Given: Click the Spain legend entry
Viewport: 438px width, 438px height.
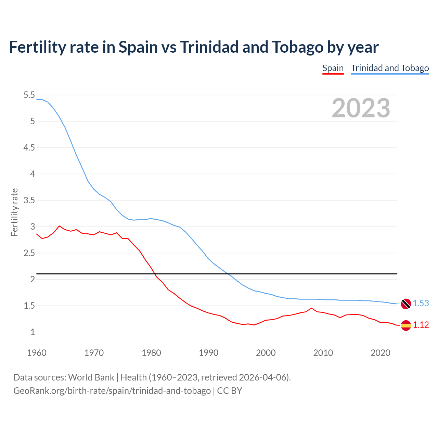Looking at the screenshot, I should [333, 68].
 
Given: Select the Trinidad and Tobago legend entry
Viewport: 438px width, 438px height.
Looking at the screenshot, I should [390, 68].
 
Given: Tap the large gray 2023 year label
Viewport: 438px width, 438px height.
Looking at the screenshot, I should [361, 108].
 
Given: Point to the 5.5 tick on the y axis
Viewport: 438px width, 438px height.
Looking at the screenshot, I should [29, 95].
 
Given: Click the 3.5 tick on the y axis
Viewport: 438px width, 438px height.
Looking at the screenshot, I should [29, 200].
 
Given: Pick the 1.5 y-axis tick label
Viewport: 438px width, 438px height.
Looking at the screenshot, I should [29, 306].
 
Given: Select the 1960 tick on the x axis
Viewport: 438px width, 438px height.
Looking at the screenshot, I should [37, 353].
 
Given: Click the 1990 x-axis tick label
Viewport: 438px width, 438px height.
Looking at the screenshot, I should [208, 353].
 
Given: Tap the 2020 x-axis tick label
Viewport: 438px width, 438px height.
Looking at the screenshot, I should [380, 353].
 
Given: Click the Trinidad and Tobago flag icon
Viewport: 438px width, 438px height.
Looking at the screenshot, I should [406, 304].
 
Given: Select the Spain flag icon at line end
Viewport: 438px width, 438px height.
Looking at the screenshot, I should [406, 325].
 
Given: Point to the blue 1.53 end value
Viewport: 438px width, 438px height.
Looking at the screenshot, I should [421, 304].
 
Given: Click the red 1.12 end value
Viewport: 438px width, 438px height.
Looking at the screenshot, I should [421, 325].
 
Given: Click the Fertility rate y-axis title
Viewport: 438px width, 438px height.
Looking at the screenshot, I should [14, 212].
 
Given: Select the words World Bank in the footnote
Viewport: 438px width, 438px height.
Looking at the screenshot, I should [91, 377].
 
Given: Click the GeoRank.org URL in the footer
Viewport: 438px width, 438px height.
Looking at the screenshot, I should [112, 391].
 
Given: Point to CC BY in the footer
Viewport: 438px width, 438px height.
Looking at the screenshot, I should [230, 391].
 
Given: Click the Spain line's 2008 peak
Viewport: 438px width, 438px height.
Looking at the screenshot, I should [311, 308].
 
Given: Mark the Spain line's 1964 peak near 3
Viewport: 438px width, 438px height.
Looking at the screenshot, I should [60, 226].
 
